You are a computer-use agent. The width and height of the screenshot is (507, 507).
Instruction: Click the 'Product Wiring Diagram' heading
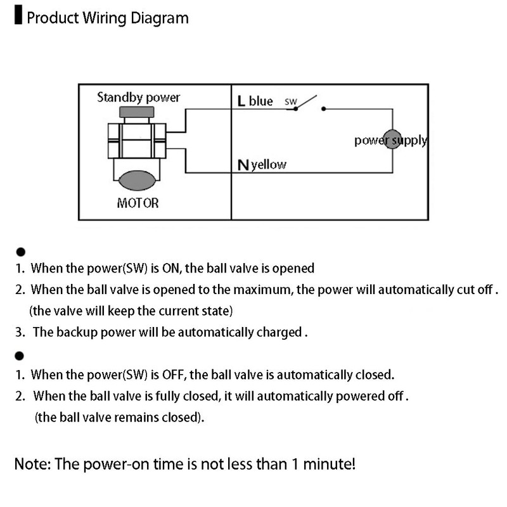[x=107, y=18]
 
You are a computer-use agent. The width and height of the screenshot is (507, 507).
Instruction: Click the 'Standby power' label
[x=138, y=98]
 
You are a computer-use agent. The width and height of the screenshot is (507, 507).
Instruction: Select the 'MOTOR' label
[x=138, y=203]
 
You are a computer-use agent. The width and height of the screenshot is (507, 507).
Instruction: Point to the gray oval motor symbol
[x=138, y=180]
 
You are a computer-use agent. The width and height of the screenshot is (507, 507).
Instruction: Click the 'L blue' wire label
[x=255, y=101]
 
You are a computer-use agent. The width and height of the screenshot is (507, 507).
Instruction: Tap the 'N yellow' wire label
[x=262, y=165]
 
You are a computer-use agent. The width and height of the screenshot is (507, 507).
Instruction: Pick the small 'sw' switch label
[x=291, y=101]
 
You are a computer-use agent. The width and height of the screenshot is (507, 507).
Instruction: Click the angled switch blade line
[x=307, y=102]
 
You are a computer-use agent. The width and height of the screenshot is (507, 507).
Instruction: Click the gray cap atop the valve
[x=137, y=112]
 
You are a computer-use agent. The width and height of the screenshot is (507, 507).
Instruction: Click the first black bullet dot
[x=20, y=251]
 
